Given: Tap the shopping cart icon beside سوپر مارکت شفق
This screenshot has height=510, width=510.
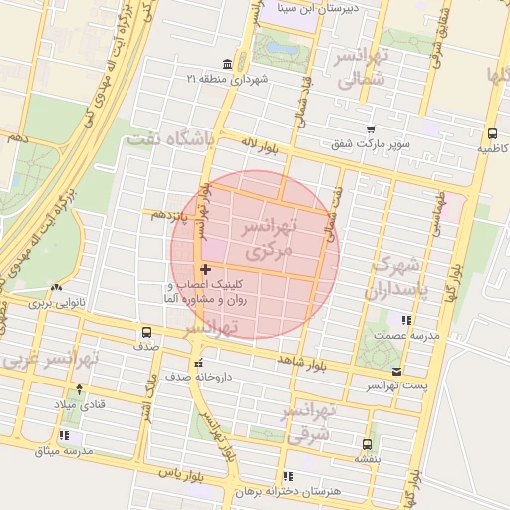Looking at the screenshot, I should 371,129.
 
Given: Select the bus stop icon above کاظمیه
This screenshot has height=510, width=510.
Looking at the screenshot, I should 492,132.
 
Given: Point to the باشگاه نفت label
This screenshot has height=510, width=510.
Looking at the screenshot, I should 170,141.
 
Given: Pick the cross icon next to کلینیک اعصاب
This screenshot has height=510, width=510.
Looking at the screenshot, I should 205,269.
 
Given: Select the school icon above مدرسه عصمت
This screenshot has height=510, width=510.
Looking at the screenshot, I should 405,320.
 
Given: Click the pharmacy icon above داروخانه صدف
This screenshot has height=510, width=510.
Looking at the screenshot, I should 199,363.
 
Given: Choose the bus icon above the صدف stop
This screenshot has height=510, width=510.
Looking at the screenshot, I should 147,332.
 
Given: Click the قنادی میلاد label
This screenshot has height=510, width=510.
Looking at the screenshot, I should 79,404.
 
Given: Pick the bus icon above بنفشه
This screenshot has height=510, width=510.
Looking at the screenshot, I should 368,444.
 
